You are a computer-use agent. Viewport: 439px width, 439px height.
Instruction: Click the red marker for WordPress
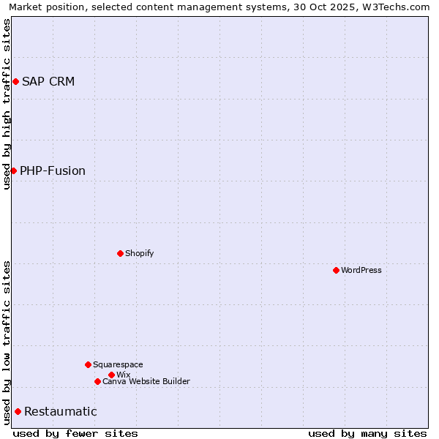click(336, 270)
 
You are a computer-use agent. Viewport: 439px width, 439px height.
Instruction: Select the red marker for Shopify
click(120, 253)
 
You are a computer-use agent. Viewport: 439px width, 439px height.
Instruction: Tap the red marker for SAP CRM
click(15, 81)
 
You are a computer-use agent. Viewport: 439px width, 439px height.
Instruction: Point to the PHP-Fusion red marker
click(13, 170)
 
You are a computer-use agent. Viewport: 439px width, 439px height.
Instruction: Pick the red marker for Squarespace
click(88, 364)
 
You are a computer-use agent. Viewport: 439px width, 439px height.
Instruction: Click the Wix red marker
click(111, 375)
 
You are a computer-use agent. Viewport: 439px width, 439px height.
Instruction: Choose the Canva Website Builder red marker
click(97, 381)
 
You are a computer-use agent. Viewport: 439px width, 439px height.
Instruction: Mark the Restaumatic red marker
click(18, 411)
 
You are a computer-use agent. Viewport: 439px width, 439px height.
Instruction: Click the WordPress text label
click(361, 270)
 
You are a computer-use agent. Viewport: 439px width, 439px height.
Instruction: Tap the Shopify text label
click(140, 253)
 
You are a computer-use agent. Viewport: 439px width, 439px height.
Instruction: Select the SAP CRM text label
click(48, 81)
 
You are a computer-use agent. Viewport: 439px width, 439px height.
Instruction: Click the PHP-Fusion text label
click(53, 171)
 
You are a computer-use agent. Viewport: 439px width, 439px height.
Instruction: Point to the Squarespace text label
click(118, 364)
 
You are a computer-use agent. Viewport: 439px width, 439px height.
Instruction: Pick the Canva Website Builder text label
click(146, 381)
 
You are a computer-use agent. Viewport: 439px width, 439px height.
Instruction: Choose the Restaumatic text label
click(61, 412)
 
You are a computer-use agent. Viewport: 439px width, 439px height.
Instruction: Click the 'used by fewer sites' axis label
click(75, 434)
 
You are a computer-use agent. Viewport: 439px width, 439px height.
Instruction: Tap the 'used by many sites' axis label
click(367, 434)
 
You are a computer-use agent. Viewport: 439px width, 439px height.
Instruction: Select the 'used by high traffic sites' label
click(7, 104)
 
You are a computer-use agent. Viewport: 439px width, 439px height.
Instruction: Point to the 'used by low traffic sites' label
click(7, 342)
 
